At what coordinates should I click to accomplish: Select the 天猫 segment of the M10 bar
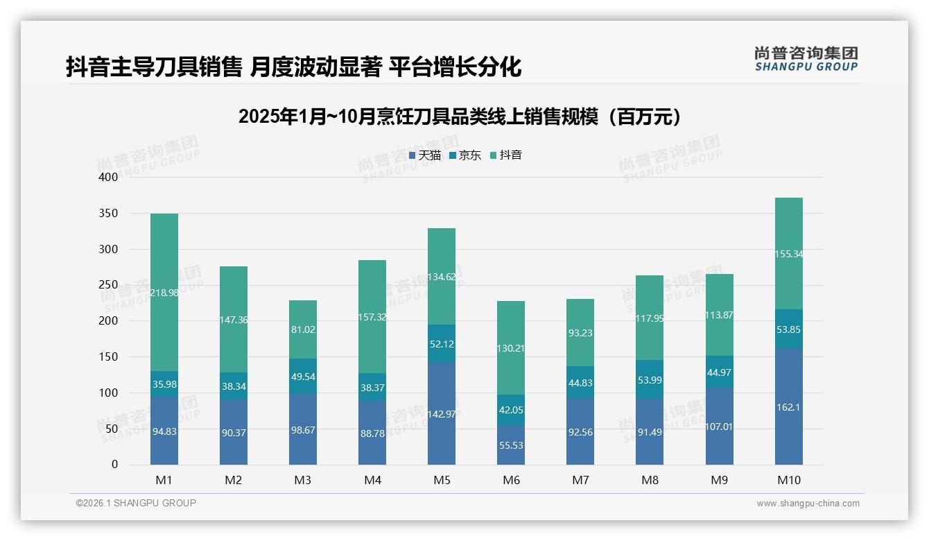click(788, 406)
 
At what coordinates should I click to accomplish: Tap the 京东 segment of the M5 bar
click(442, 343)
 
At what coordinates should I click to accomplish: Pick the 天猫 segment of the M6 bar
click(511, 445)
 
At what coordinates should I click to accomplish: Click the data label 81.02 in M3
click(303, 329)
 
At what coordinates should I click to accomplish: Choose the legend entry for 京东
click(465, 155)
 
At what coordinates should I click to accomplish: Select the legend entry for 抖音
click(506, 155)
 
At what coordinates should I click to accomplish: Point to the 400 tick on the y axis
click(109, 178)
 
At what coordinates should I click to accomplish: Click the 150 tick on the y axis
click(109, 357)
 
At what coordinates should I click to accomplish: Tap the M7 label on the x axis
click(580, 480)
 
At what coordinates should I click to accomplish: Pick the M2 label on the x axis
click(234, 480)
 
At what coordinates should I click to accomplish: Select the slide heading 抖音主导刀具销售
click(293, 67)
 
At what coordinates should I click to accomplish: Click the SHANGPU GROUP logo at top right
click(806, 59)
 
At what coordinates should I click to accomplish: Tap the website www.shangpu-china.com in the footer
click(808, 504)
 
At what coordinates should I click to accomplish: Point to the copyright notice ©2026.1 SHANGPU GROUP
click(136, 503)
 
